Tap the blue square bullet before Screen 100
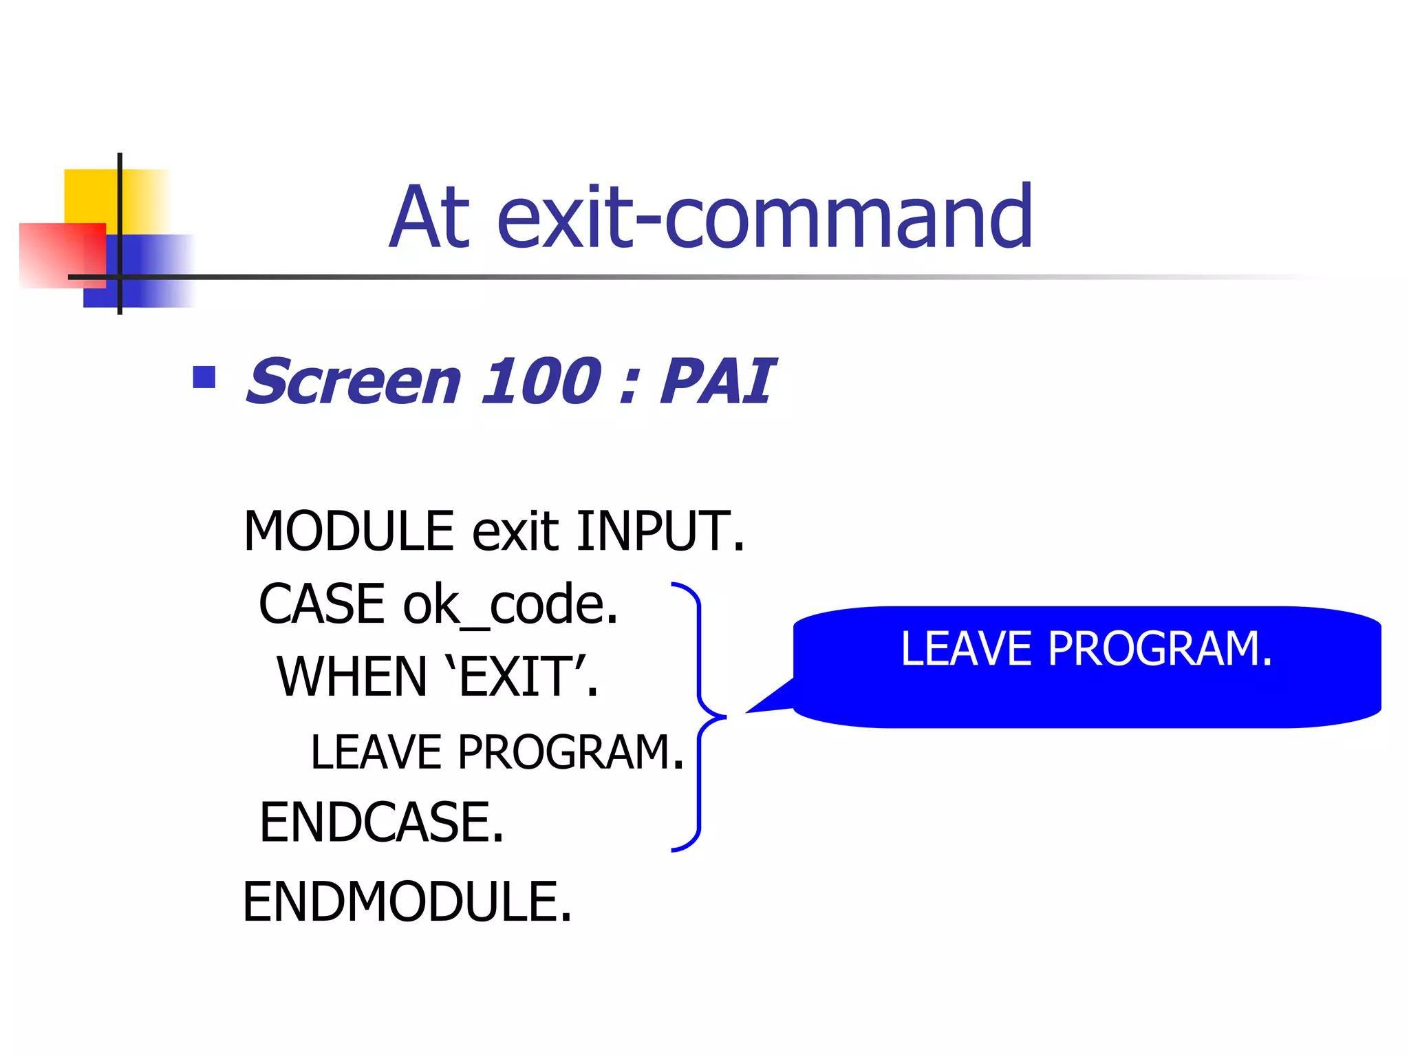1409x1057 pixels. [x=204, y=377]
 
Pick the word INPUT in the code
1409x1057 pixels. [x=659, y=531]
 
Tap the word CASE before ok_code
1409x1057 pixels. [x=322, y=604]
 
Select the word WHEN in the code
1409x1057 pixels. [x=352, y=677]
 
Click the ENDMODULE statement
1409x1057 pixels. [x=407, y=901]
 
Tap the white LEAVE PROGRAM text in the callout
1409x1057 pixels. [x=1086, y=649]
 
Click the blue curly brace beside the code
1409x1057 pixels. [x=700, y=716]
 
